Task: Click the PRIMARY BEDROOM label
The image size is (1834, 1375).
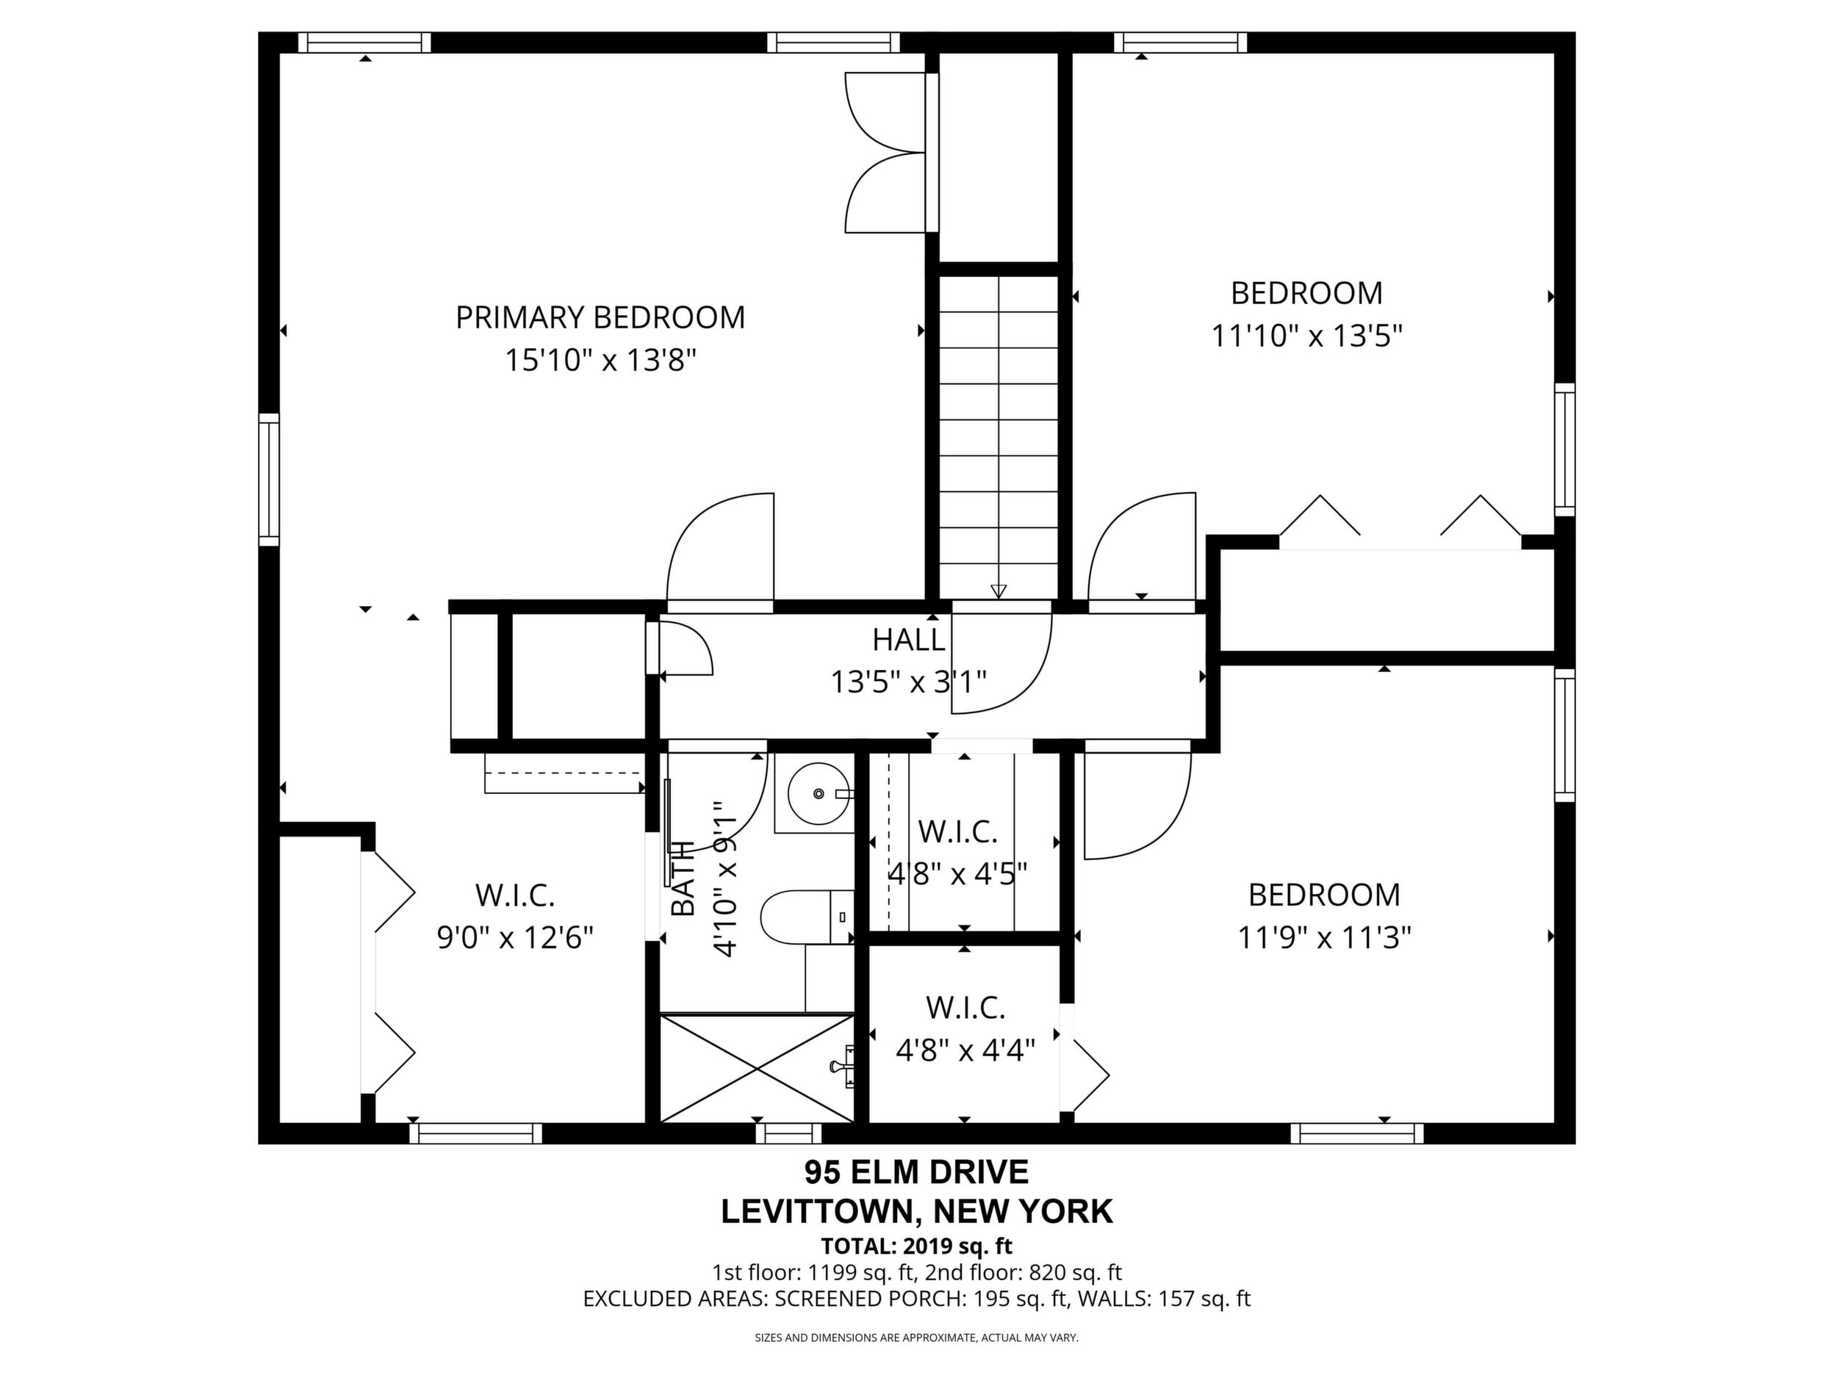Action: tap(600, 317)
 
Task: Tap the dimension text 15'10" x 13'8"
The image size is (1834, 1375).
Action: tap(600, 361)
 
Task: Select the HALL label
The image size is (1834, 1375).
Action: tap(908, 640)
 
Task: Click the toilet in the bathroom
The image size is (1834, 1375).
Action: tap(807, 917)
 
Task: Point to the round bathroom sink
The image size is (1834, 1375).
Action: tap(819, 793)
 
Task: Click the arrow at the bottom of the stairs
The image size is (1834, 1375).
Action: tap(999, 591)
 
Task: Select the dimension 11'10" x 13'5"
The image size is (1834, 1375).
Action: tap(1306, 336)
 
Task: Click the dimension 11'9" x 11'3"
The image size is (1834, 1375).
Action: tap(1324, 938)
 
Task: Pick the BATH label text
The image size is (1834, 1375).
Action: tap(683, 878)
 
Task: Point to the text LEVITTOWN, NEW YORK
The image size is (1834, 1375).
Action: tap(917, 1212)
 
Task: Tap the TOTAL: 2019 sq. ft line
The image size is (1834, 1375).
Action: tap(917, 1246)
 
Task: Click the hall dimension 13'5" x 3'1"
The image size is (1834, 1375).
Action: tap(909, 683)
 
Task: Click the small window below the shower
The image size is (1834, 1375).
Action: tap(788, 1133)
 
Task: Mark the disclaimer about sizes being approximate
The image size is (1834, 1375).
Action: tap(916, 1338)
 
